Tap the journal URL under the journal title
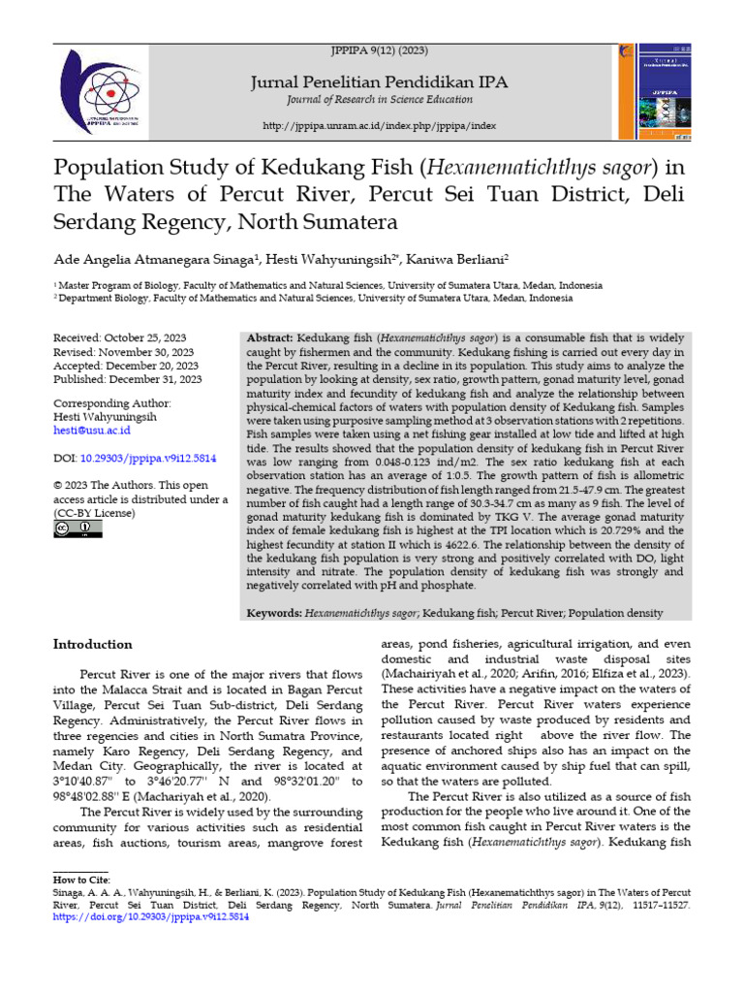(x=379, y=126)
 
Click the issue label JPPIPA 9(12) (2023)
(x=379, y=50)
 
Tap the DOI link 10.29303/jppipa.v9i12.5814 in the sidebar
(x=148, y=455)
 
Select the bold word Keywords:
(x=275, y=613)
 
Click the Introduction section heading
(x=93, y=644)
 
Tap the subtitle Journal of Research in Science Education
(x=379, y=101)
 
